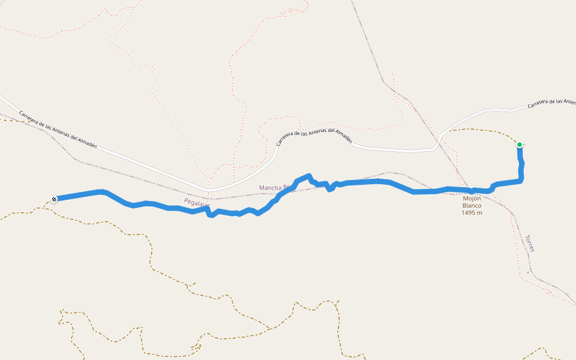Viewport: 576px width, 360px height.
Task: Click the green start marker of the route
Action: [520, 145]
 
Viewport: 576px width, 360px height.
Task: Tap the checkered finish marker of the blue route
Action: [55, 199]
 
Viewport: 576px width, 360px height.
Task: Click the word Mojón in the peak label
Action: [472, 199]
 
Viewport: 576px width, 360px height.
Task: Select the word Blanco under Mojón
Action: [472, 206]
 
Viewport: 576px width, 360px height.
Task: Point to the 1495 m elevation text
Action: [472, 213]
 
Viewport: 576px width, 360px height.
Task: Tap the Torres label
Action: [529, 243]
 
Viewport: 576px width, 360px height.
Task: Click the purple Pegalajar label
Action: [196, 202]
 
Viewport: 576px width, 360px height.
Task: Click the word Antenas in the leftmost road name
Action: [59, 130]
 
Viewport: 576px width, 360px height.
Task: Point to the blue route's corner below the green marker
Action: [520, 179]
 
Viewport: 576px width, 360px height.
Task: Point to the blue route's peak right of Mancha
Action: [308, 176]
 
